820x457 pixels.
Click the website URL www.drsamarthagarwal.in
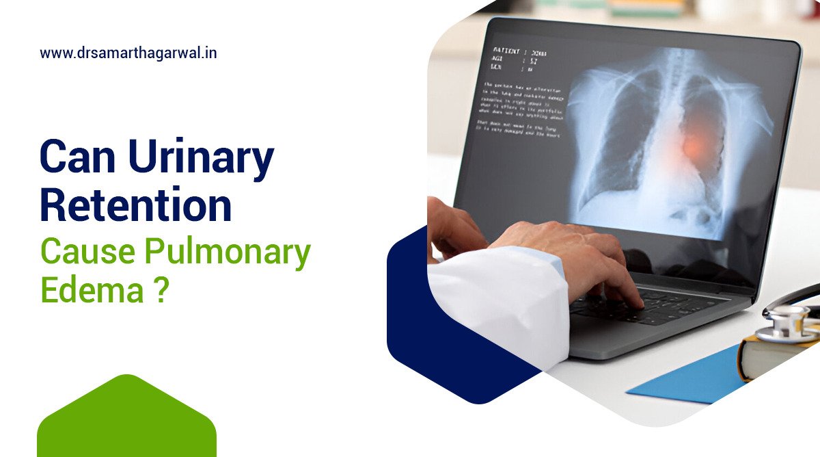click(x=128, y=53)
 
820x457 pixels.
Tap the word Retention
click(x=136, y=206)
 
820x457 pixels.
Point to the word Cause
click(x=86, y=253)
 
